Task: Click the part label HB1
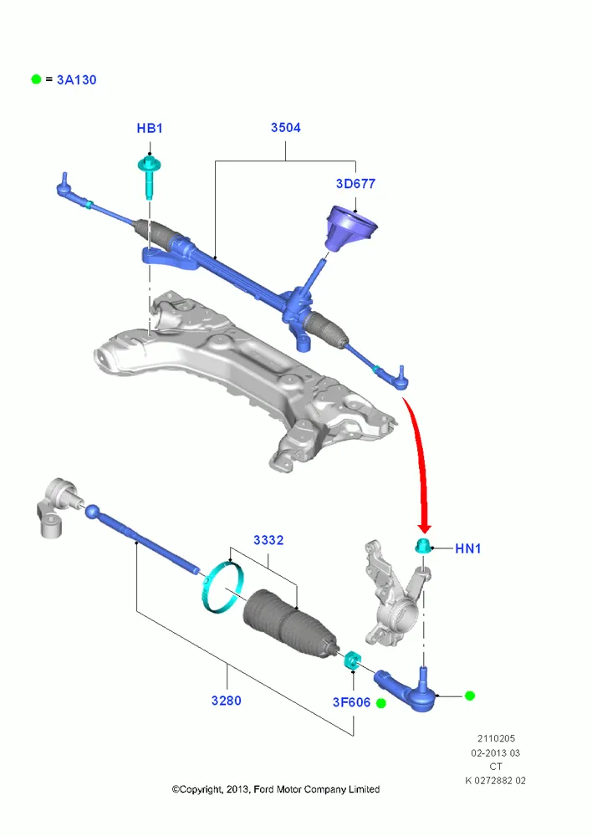(x=150, y=129)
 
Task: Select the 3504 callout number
(x=285, y=127)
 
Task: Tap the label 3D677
(x=355, y=183)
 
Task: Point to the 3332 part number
(x=268, y=540)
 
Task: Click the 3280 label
(x=226, y=701)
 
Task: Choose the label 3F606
(x=351, y=702)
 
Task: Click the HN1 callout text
(x=467, y=548)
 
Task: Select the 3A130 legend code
(x=76, y=80)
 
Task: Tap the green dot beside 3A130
(x=36, y=79)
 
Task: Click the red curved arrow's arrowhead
(x=425, y=527)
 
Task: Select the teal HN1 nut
(x=423, y=546)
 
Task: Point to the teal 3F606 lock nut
(x=351, y=660)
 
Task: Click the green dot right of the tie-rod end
(x=470, y=696)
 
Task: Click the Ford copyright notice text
(x=276, y=789)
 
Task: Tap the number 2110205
(x=496, y=738)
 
